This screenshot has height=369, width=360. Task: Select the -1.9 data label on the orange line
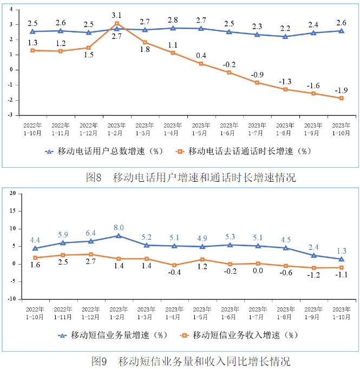click(342, 90)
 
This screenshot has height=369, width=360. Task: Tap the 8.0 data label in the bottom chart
click(117, 227)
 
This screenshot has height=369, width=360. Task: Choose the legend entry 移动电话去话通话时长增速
click(244, 151)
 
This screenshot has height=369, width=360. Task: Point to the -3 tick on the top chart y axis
click(10, 115)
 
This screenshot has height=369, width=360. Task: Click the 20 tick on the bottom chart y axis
click(12, 193)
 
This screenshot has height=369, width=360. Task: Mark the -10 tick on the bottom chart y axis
click(11, 299)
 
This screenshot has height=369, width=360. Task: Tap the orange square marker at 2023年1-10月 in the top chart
click(342, 98)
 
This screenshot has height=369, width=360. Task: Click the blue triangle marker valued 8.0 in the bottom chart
click(117, 236)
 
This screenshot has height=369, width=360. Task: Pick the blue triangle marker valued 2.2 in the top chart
click(285, 36)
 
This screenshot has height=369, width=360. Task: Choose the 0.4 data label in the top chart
click(201, 56)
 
